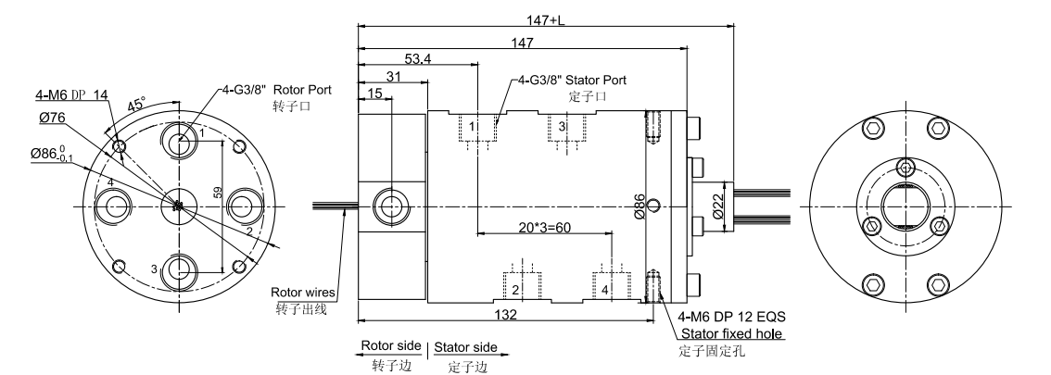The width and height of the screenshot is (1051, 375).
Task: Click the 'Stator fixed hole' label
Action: (x=731, y=334)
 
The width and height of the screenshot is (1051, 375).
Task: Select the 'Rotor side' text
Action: (x=389, y=348)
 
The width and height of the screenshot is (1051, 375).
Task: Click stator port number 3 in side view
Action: (x=562, y=126)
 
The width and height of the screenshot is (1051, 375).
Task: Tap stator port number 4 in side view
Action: (x=605, y=290)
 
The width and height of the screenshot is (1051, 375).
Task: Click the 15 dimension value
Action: (x=375, y=94)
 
